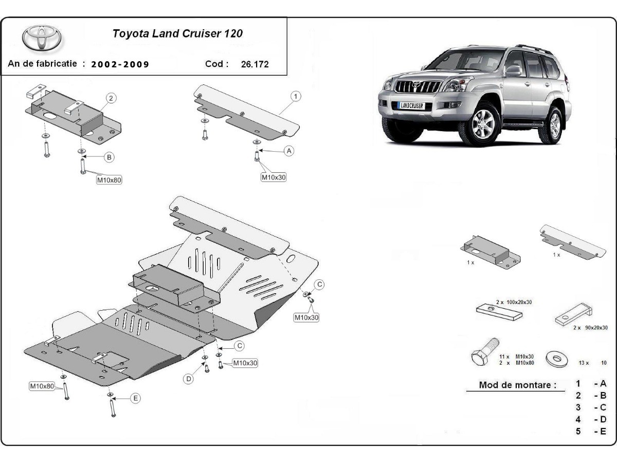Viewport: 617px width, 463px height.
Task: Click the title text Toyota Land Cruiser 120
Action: tap(177, 33)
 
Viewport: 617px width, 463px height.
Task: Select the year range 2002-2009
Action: tap(120, 64)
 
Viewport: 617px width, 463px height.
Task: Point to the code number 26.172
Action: tap(255, 64)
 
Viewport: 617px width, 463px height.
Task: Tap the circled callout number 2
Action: tap(111, 98)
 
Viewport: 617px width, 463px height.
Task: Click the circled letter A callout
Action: tap(289, 151)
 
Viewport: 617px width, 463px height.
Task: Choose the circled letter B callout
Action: tap(109, 157)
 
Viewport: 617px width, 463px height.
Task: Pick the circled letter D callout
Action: tap(189, 379)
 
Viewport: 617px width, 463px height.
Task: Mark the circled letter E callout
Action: tap(135, 398)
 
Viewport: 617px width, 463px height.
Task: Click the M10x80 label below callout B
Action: tap(110, 180)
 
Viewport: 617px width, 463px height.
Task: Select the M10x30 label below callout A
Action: tap(274, 177)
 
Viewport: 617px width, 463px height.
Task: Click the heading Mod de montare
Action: tap(518, 385)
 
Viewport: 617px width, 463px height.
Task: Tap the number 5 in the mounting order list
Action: tap(578, 431)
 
